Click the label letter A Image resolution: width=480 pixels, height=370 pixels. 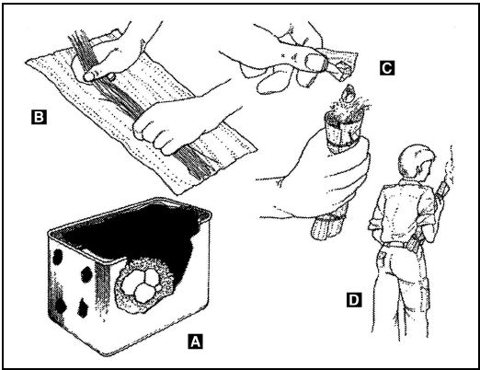click(195, 341)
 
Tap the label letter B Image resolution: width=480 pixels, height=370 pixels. click(39, 117)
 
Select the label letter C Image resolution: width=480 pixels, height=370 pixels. click(387, 67)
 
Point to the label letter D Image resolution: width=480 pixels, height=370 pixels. click(354, 299)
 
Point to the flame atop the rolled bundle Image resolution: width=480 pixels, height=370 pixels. click(347, 94)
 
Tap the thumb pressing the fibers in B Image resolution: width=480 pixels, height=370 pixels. click(98, 75)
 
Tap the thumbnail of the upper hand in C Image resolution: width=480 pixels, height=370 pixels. click(314, 61)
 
